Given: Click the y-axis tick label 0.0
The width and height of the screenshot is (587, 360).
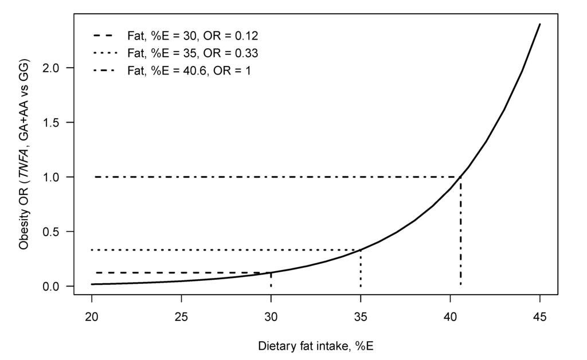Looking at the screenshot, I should pos(57,286).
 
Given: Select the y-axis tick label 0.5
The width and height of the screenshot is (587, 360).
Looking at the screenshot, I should pos(57,232).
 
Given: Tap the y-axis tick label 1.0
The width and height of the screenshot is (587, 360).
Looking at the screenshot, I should pos(57,177).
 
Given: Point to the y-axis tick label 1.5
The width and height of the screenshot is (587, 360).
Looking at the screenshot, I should pos(57,123).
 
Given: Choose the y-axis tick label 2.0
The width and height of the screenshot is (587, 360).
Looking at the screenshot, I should pos(57,68).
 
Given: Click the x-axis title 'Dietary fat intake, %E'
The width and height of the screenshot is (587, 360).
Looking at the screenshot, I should pos(316,346).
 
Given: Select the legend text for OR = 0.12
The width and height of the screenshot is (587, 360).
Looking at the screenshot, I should pos(193,36).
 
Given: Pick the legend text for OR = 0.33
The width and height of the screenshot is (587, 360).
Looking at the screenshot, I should pos(193,53).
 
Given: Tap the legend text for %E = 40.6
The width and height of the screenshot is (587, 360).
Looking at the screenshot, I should pos(189,71).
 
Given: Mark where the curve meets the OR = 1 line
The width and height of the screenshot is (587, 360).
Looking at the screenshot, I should pos(461,177).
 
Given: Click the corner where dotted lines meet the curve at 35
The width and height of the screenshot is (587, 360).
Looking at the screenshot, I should pos(361,250).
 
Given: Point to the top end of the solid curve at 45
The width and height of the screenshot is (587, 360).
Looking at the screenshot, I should pos(540,24).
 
